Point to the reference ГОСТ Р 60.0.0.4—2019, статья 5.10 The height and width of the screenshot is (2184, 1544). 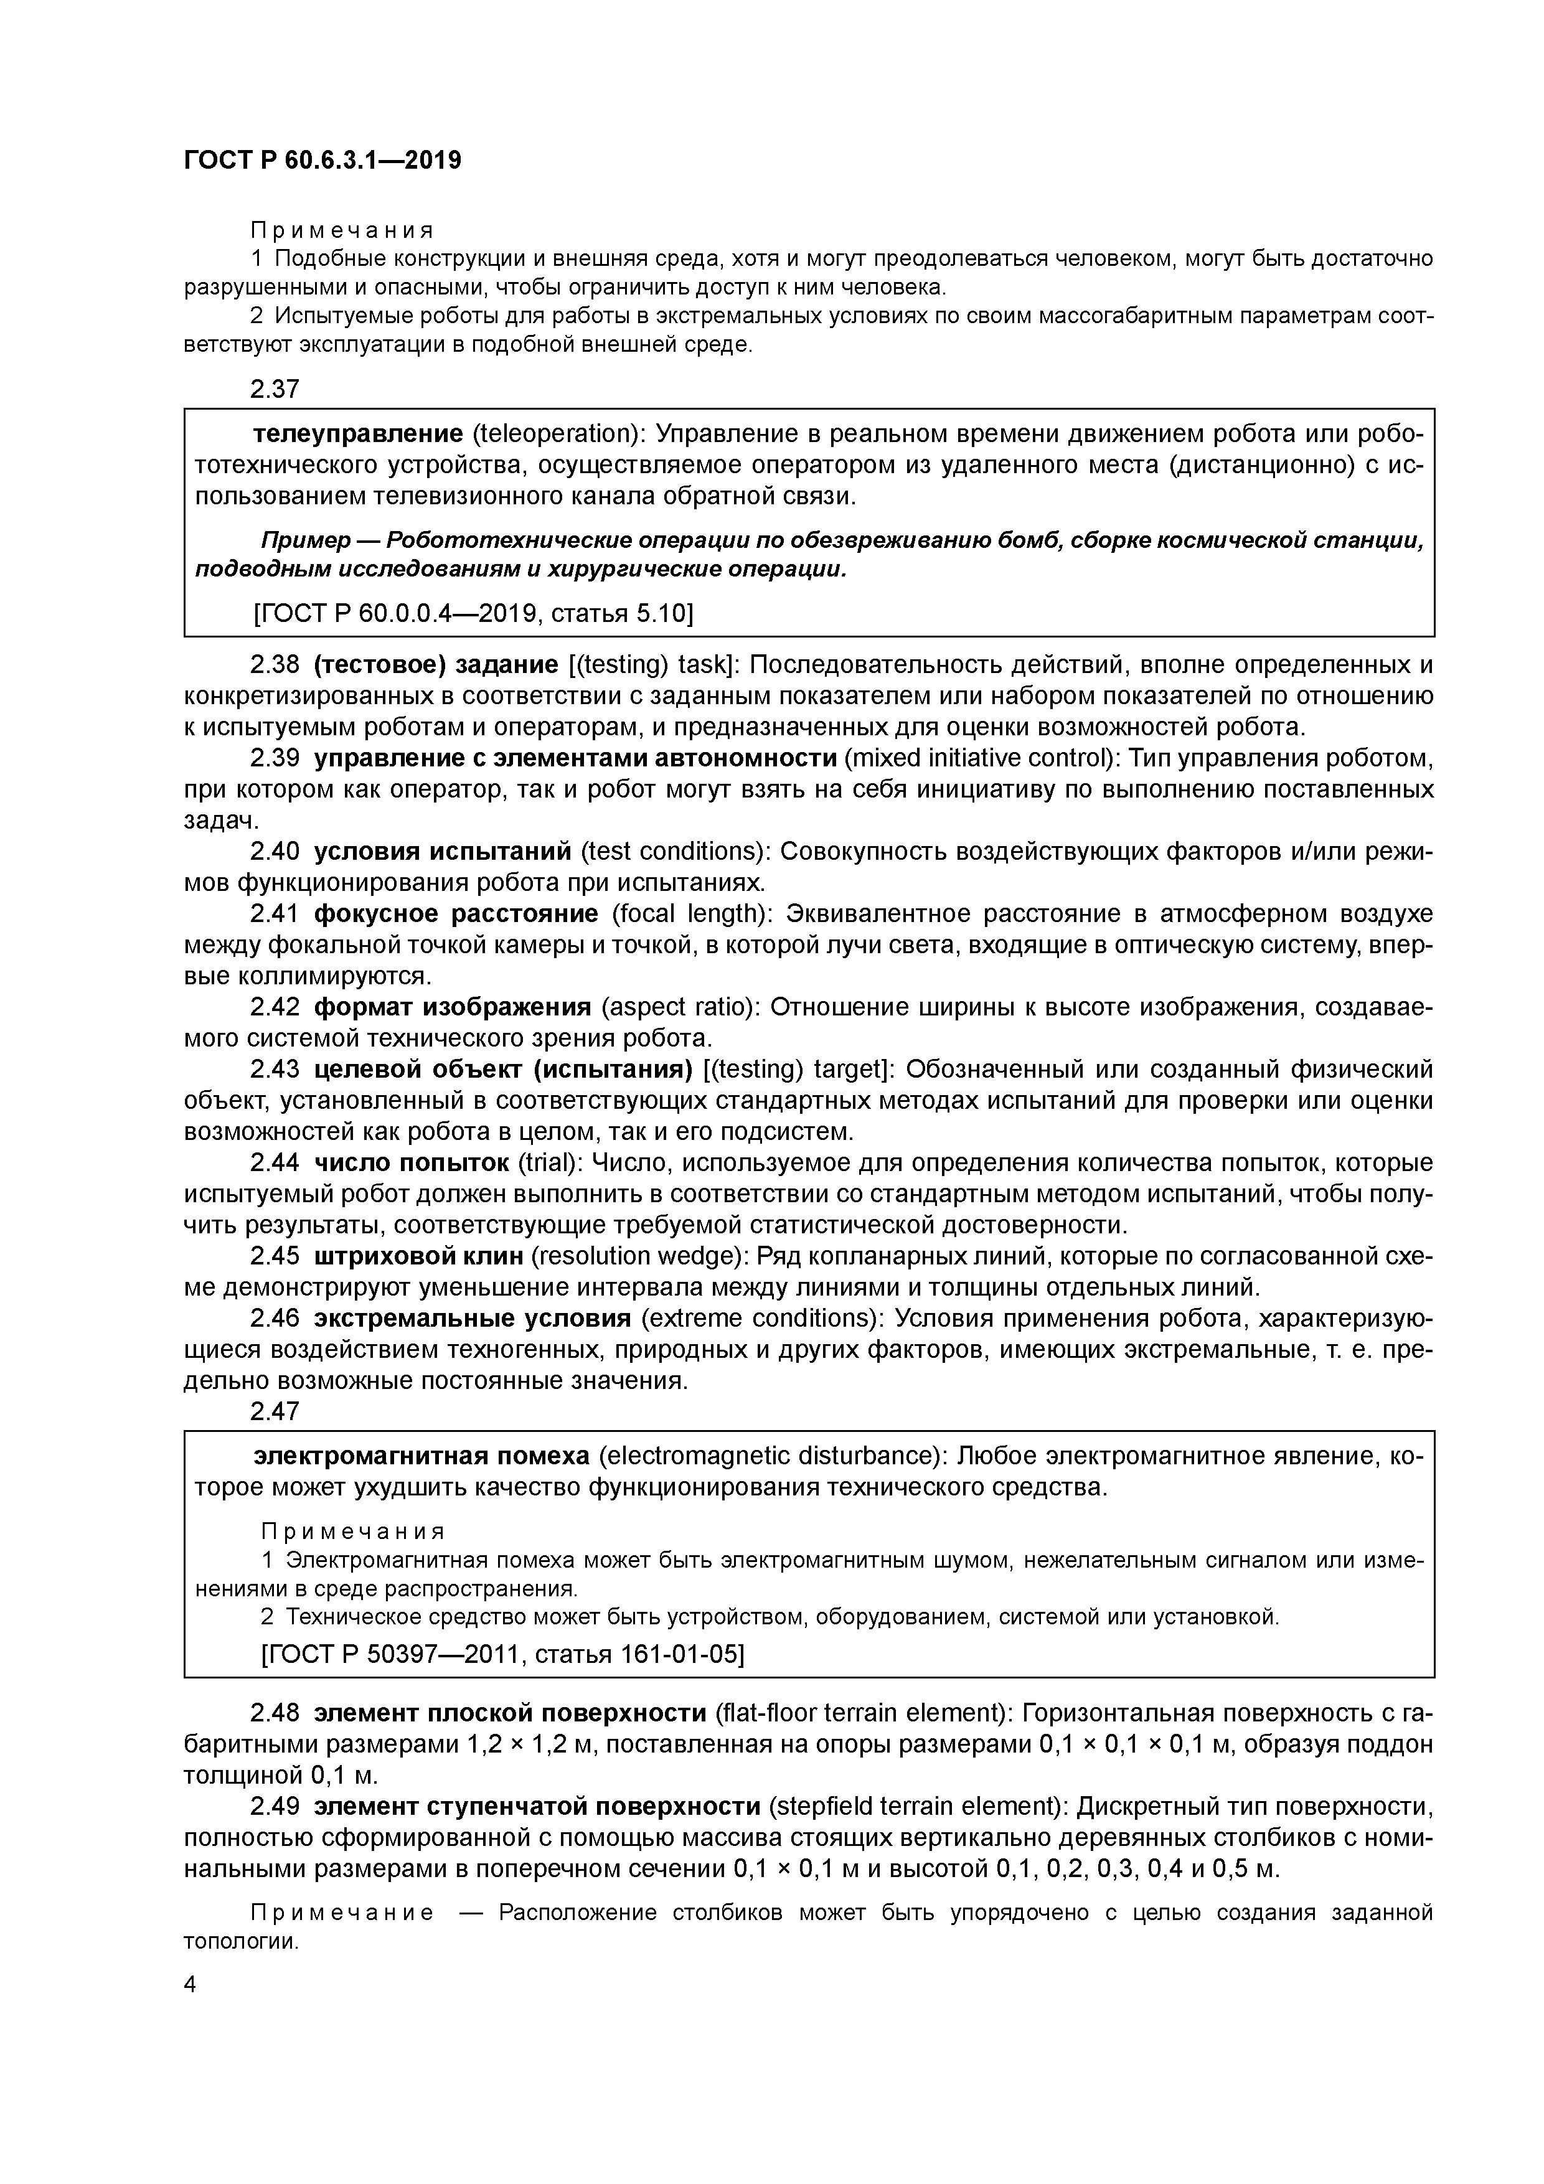point(473,613)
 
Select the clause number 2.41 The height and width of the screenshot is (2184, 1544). point(275,914)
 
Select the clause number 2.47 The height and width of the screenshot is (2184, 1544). point(275,1411)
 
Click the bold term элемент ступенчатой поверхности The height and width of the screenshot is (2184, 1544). point(537,1805)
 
